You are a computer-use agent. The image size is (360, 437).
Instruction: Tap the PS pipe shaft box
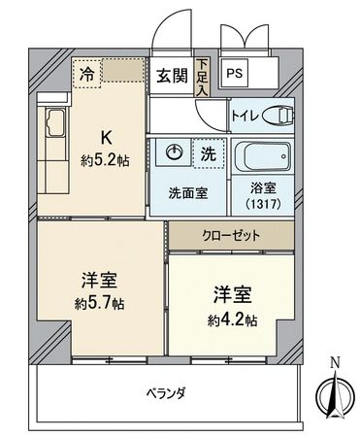tap(235, 72)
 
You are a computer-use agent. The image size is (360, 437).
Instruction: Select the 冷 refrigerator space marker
tap(87, 71)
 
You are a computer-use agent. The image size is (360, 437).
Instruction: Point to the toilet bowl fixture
tap(280, 116)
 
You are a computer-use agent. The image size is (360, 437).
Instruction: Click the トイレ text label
tap(244, 117)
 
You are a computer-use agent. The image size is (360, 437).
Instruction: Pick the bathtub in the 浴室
tap(261, 157)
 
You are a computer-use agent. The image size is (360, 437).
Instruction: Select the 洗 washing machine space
tap(208, 152)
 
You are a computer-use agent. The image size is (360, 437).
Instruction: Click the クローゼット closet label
tap(229, 235)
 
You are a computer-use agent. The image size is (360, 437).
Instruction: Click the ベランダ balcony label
tap(166, 392)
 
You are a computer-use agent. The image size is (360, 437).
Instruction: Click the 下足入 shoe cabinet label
tap(202, 76)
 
